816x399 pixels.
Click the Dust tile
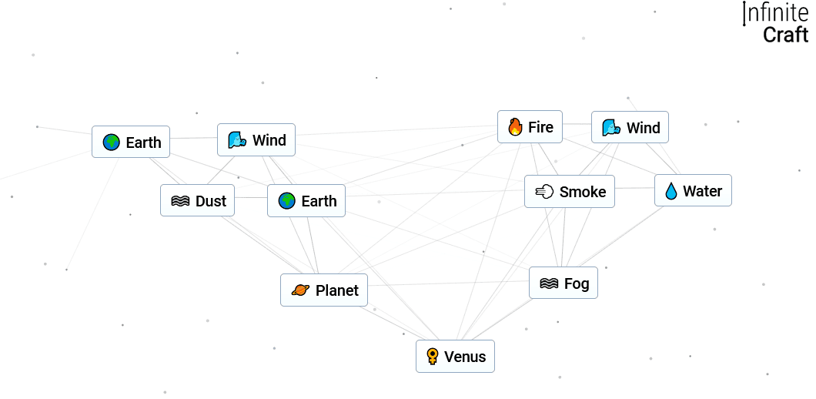click(198, 201)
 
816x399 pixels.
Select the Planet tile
click(324, 290)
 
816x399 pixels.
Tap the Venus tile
click(455, 357)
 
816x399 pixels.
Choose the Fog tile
click(564, 283)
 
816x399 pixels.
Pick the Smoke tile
click(570, 192)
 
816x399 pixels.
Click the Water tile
click(693, 191)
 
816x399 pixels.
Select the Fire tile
click(530, 127)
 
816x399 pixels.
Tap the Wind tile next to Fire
click(630, 128)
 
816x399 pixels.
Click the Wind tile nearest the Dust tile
click(256, 140)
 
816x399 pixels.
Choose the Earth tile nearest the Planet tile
click(306, 201)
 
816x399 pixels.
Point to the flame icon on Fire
click(515, 127)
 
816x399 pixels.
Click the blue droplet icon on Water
click(671, 191)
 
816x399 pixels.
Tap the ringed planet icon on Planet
click(300, 290)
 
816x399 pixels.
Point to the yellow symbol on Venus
click(433, 357)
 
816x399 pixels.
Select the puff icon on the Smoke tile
click(544, 192)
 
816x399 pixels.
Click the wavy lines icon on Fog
click(549, 283)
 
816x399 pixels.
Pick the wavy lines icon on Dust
click(180, 201)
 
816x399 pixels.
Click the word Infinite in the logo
click(776, 13)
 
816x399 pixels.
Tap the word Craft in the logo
click(785, 35)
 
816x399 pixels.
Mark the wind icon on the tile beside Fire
click(611, 128)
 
